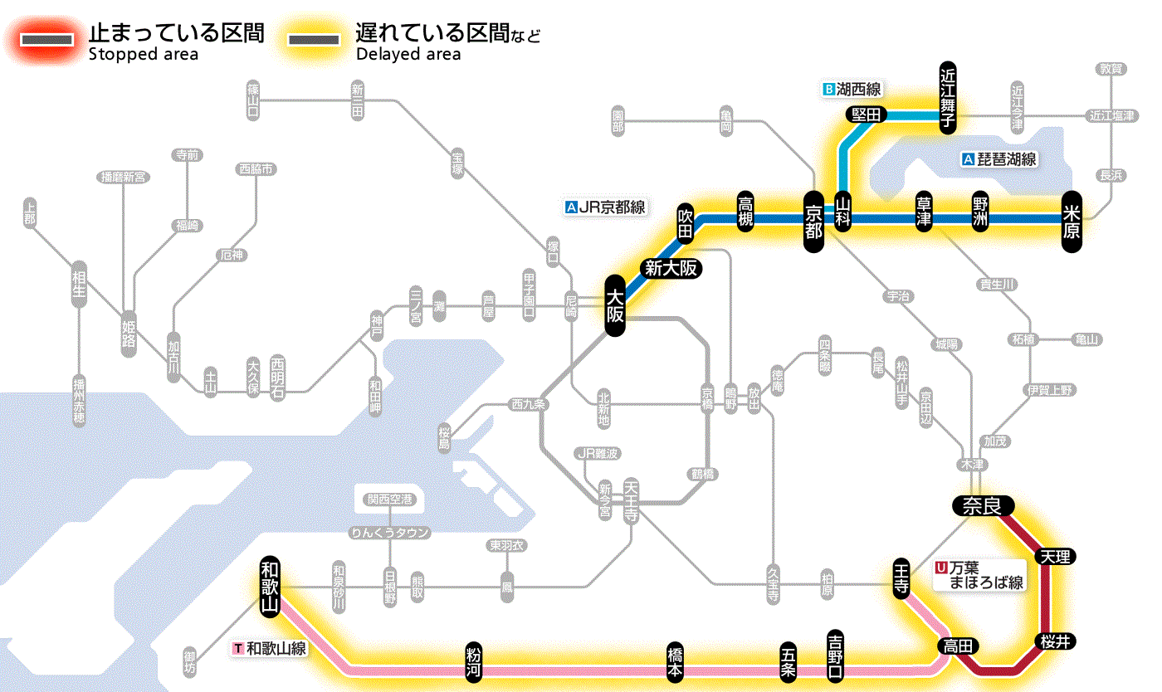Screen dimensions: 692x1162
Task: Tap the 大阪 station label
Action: coord(614,306)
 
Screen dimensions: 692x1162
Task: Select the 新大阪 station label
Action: coord(671,268)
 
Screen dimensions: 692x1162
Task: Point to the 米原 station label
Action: coord(1072,220)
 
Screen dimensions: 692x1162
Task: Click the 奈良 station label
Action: coord(983,504)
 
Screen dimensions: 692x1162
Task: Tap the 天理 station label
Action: coord(1055,556)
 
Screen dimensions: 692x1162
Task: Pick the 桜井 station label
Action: coord(1055,641)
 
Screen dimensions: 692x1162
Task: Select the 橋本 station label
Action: coord(676,661)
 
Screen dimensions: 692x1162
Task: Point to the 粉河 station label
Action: coord(474,661)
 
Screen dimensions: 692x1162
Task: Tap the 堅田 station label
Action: coord(866,115)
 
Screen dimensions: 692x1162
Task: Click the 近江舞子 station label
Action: coord(947,97)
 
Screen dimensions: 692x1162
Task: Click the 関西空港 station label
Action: coord(389,500)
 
